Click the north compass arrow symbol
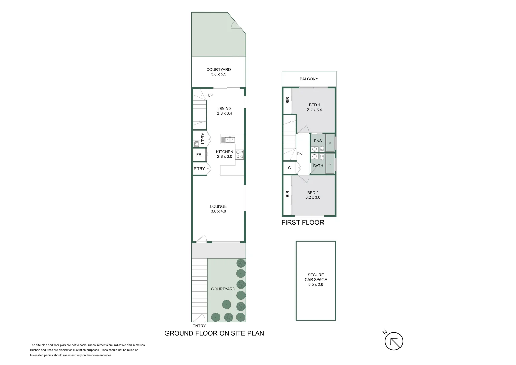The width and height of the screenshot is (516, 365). (393, 341)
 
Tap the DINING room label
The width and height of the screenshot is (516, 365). (224, 108)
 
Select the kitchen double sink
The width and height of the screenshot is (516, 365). (228, 140)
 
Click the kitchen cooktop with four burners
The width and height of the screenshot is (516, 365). (239, 154)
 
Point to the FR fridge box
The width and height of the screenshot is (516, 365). (199, 155)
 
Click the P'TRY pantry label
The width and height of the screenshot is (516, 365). (199, 169)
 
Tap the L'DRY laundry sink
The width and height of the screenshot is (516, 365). (196, 144)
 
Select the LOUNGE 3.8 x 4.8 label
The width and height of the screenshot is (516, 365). (218, 209)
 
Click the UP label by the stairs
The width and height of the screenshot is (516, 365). (210, 95)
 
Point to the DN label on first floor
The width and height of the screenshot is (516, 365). (299, 154)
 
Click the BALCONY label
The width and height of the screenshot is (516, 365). (309, 79)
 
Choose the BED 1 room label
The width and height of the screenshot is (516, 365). (314, 105)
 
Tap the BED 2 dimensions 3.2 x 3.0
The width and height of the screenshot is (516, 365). (313, 197)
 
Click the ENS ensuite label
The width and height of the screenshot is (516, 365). (318, 141)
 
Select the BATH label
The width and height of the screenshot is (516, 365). (318, 166)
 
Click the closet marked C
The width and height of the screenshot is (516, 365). (289, 168)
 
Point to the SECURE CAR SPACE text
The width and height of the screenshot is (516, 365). (316, 277)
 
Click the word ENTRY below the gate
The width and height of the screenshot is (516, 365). (199, 326)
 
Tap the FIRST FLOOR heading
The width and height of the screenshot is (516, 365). (303, 222)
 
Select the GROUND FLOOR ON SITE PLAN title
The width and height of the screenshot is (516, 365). (214, 333)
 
